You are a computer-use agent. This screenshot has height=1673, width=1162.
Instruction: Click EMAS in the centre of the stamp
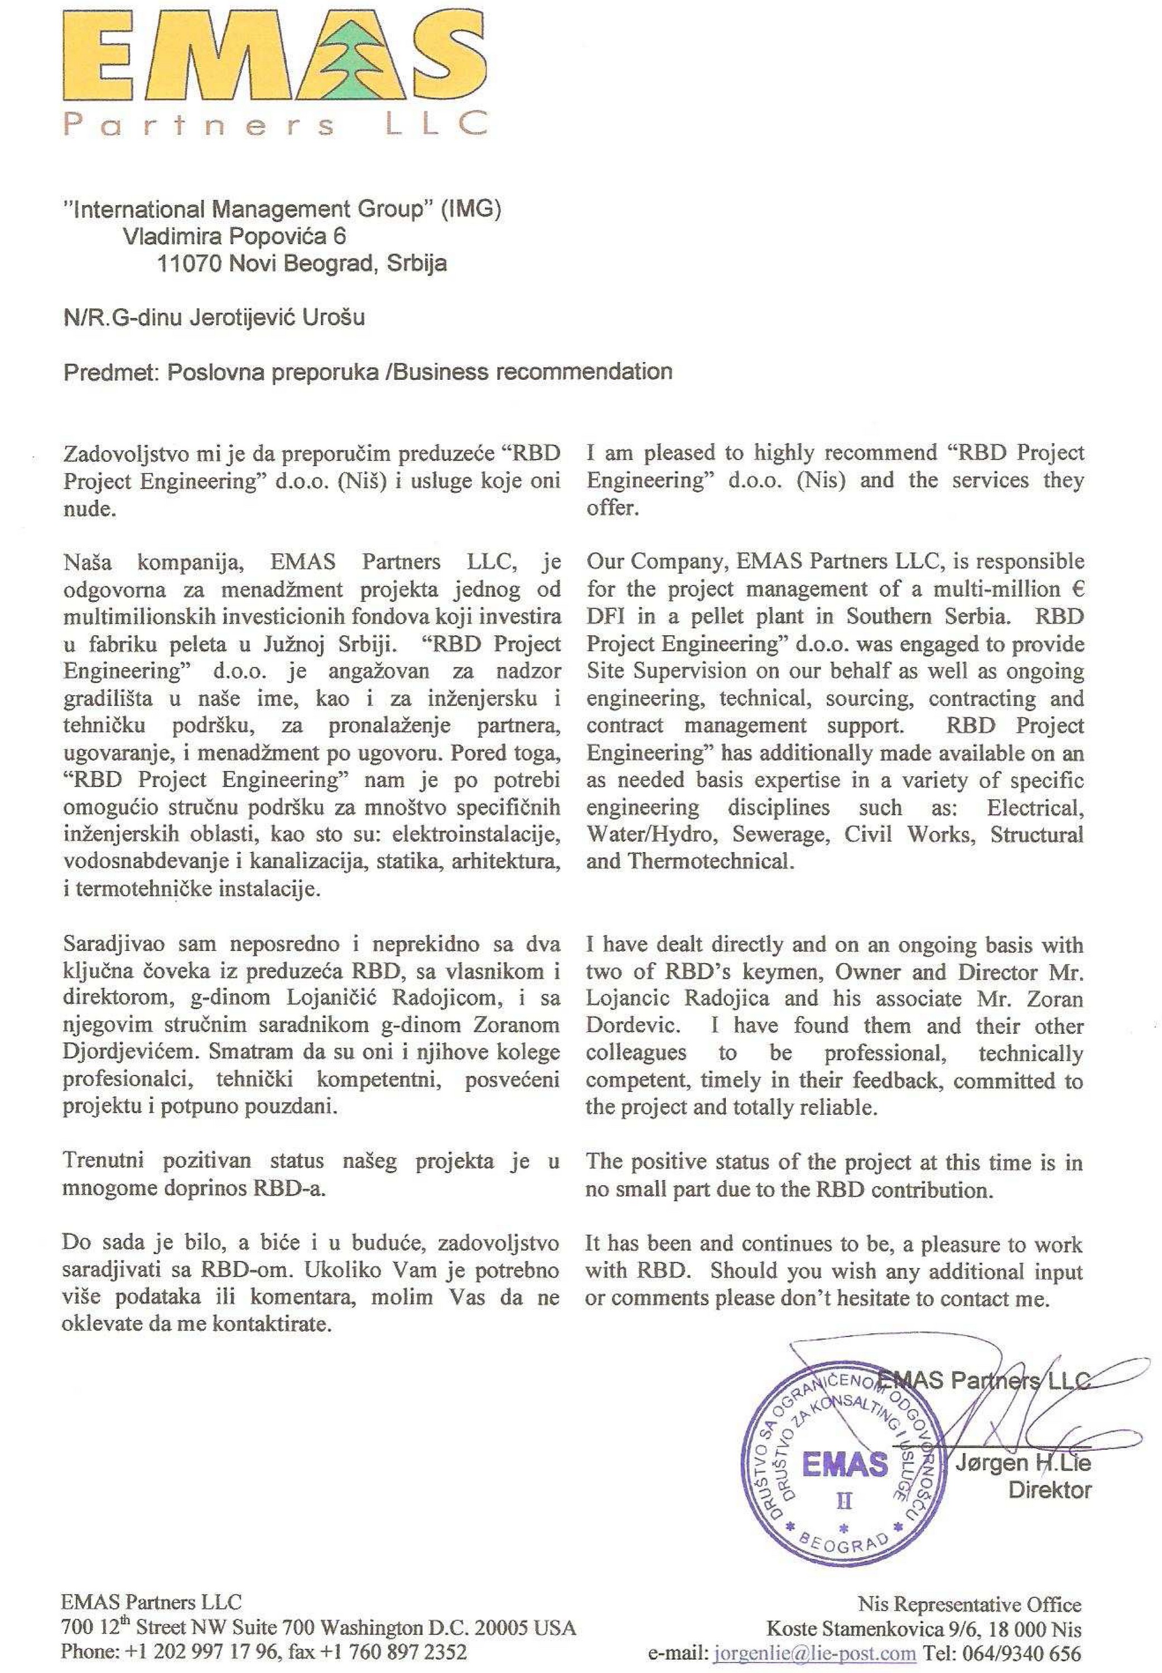845,1463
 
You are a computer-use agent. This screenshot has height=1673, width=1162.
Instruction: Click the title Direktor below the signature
1049,1490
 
